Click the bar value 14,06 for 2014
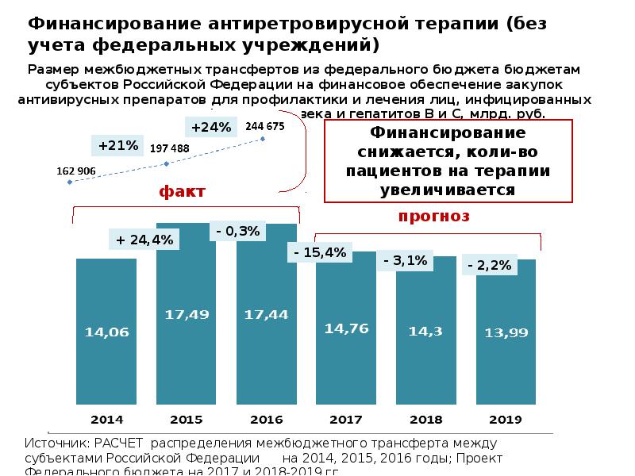tap(106, 333)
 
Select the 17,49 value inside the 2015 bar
tap(187, 315)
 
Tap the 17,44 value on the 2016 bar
tap(266, 315)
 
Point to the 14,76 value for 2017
tap(346, 328)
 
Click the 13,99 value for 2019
tap(506, 333)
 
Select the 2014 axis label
tap(106, 419)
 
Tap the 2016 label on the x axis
tap(266, 419)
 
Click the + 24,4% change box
tap(144, 239)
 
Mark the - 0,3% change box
tap(237, 231)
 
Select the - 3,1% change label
tap(405, 260)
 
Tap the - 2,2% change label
tap(489, 266)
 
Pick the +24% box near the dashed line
tap(210, 127)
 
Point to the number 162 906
tap(75, 170)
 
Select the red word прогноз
tap(433, 216)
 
